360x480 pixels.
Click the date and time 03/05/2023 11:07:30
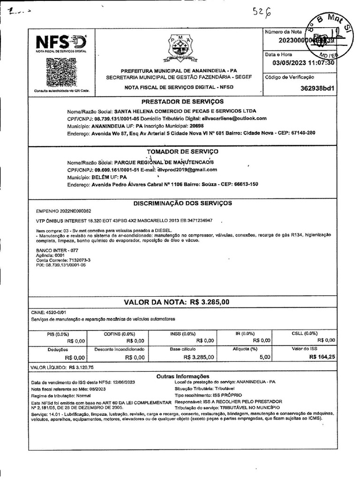tap(303, 63)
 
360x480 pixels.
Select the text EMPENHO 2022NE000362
tap(63, 211)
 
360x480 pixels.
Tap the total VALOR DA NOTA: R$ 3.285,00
tap(176, 302)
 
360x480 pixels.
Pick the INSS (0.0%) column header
tap(182, 334)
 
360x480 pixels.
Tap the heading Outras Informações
tap(182, 376)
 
